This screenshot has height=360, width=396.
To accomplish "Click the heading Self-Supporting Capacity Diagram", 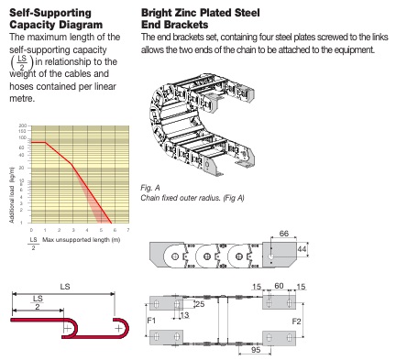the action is [56, 18].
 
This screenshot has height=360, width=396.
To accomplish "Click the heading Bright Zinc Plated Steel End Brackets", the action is [201, 18].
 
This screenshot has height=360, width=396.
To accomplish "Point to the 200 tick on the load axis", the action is [23, 125].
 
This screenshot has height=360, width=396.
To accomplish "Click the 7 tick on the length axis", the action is [128, 230].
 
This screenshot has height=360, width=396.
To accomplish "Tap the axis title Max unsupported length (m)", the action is [82, 240].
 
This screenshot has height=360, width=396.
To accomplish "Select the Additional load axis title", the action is [12, 195].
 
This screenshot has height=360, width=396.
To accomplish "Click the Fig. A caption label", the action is [150, 188].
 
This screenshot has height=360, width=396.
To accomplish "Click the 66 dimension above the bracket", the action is [284, 234].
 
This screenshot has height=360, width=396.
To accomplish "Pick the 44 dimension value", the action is [302, 249].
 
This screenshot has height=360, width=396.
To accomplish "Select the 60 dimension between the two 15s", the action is [279, 286].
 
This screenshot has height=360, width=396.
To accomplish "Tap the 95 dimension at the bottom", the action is [256, 350].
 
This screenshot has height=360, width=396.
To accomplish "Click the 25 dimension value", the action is [200, 304].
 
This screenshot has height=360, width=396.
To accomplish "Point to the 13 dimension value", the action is [184, 315].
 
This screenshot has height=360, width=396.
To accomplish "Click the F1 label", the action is [151, 321].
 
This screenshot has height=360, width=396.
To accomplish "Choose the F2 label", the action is [296, 322].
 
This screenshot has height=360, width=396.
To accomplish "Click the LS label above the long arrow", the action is [65, 287].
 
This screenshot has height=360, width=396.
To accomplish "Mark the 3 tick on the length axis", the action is [73, 230].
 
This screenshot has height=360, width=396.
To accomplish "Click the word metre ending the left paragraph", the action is [22, 99].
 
